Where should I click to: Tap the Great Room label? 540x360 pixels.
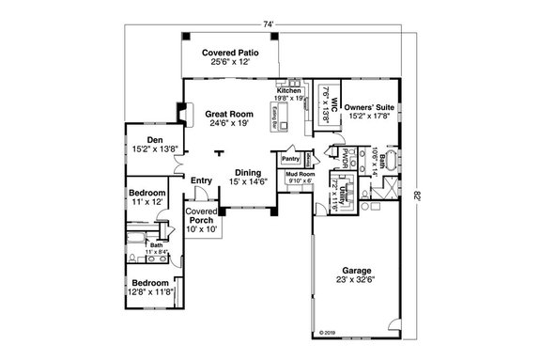point(224,113)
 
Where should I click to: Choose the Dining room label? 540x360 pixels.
point(249,171)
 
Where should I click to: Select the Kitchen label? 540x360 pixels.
point(288,89)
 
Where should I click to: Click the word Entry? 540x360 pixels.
point(201,180)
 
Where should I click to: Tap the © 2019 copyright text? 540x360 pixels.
point(327,333)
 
